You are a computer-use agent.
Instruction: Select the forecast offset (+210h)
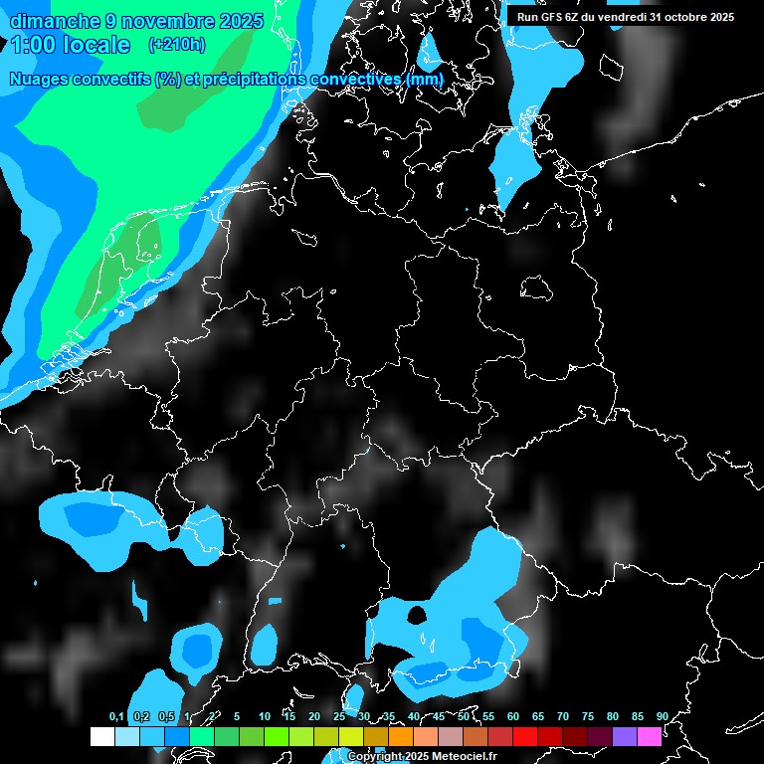[176, 45]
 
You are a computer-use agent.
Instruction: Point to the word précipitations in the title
[254, 80]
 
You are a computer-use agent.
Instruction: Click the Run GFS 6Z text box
[626, 17]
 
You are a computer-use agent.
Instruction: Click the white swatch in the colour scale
[101, 736]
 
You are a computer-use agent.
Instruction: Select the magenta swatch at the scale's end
[649, 736]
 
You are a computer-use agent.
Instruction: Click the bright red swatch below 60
[524, 736]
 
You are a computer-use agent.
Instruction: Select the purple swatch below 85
[624, 736]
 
